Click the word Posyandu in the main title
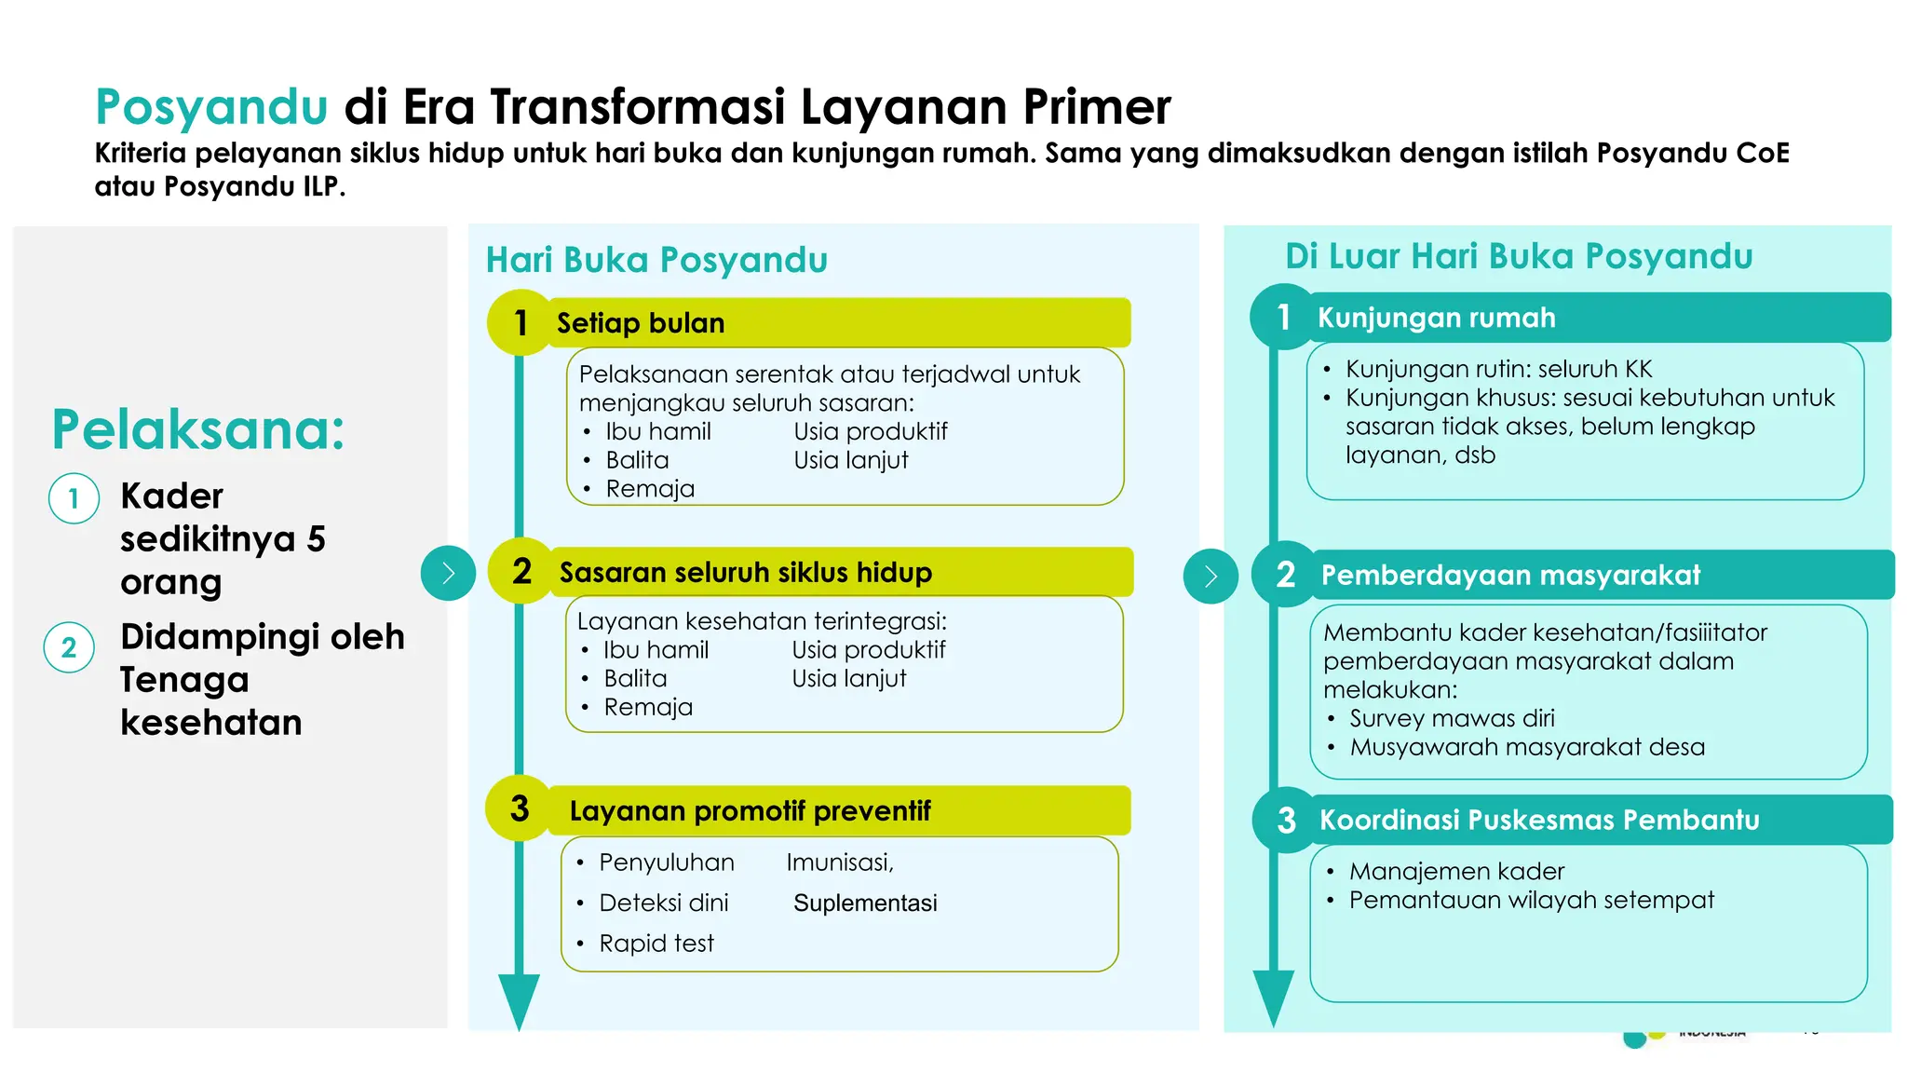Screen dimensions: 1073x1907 [211, 106]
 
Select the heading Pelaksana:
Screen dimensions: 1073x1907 [198, 429]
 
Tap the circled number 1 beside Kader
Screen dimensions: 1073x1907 [74, 498]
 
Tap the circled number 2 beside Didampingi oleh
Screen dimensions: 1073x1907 [69, 647]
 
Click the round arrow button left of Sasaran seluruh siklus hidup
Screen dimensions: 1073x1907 [448, 573]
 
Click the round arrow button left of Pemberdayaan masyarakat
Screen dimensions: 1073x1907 [1210, 577]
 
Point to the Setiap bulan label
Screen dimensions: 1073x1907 [641, 323]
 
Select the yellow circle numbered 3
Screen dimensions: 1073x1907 [520, 808]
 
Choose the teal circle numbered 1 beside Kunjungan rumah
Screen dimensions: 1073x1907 [1284, 318]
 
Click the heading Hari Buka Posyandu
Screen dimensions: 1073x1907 [656, 260]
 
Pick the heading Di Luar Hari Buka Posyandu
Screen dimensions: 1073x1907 [1519, 256]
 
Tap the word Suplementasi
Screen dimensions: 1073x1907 [865, 903]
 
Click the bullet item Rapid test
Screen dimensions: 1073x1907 [656, 944]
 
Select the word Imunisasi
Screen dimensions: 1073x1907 [839, 862]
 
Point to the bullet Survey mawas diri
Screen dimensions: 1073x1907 [1452, 718]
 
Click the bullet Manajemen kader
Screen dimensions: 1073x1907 [1456, 871]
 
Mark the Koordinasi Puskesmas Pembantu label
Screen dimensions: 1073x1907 [1539, 820]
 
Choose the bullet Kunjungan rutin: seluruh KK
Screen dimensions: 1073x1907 [1498, 369]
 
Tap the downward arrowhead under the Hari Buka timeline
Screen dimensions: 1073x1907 [519, 1000]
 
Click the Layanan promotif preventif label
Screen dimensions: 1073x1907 [750, 811]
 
